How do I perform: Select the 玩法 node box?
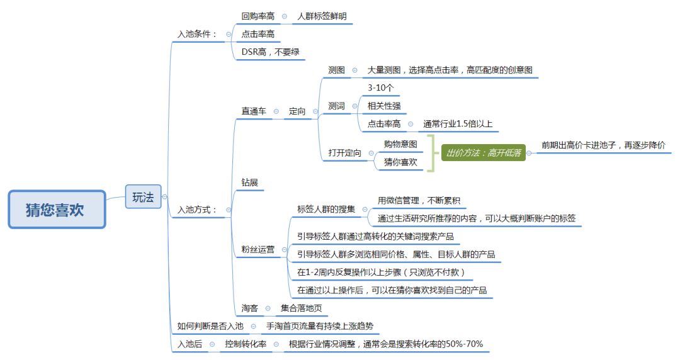tap(143, 197)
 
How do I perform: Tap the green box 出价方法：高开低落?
tap(484, 153)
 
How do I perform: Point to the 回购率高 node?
tap(258, 16)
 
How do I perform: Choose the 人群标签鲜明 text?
tap(322, 16)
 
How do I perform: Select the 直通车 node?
tap(254, 111)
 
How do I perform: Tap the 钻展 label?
tap(249, 183)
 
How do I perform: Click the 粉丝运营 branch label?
tap(258, 249)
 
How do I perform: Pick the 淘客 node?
tap(249, 308)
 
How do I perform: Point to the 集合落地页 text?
tap(301, 308)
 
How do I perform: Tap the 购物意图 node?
tap(400, 144)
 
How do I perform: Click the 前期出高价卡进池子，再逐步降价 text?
tap(603, 145)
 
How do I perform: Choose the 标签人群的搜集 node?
tap(326, 209)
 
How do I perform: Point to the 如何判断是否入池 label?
tap(210, 326)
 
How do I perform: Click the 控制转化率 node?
tap(246, 344)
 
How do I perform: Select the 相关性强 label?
tap(384, 106)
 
